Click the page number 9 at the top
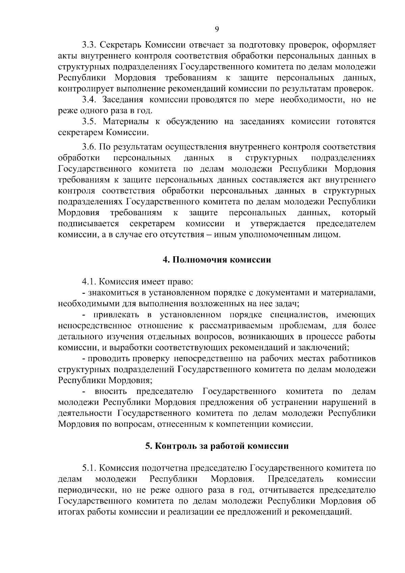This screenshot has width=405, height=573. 217,29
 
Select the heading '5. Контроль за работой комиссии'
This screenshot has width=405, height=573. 217,446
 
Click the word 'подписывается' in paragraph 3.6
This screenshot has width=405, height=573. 88,224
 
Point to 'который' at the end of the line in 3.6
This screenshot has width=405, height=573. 358,213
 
